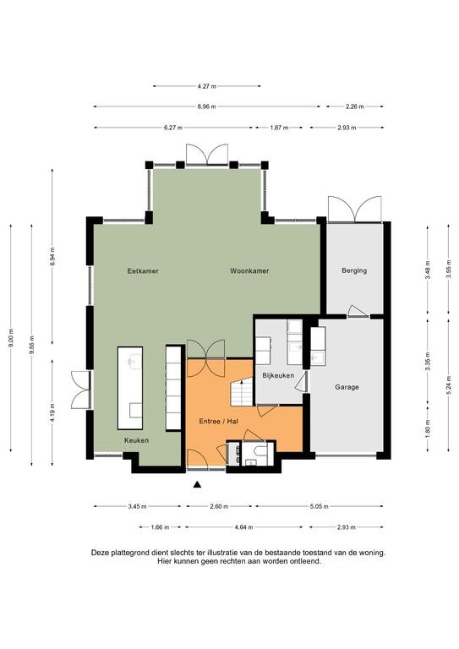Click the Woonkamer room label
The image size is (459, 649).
(249, 271)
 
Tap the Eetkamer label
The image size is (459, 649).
(142, 271)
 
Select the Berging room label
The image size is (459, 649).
(353, 271)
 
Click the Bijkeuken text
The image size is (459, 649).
(277, 374)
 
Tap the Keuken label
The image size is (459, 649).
(136, 441)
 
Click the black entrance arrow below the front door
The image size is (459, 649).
(198, 484)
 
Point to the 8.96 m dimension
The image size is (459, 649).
(206, 106)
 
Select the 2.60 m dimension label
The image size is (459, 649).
(217, 507)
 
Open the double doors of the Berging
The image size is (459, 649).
(355, 207)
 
